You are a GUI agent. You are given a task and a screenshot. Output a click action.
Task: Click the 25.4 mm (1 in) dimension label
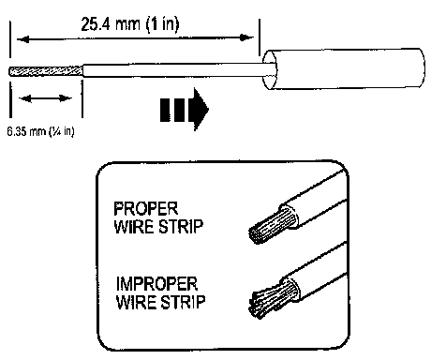coord(130,24)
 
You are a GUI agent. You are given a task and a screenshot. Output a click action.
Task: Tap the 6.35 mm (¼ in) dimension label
coord(40,131)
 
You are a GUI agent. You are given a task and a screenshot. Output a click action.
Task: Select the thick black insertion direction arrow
coord(185,109)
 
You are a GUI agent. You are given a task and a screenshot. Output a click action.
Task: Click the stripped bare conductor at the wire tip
coord(46,71)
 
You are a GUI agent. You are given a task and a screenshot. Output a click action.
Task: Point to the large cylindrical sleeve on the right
coord(344,69)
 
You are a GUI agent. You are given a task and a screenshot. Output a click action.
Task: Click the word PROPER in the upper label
coord(145,209)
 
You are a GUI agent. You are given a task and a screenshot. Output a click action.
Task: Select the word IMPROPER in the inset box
coord(156,284)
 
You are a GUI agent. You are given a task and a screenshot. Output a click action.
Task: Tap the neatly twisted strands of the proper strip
coord(271,226)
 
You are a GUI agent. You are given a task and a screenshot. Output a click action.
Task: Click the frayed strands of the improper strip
coord(271,299)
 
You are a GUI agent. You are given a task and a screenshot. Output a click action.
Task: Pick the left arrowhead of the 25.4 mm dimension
coord(22,39)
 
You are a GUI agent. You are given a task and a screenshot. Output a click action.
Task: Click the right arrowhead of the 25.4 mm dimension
coord(246,37)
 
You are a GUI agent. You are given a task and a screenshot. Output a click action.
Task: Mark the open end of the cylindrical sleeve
coord(269,69)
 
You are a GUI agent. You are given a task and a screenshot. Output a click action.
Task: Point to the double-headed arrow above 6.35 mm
coord(46,98)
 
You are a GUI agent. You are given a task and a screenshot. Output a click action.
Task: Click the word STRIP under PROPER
coord(181,227)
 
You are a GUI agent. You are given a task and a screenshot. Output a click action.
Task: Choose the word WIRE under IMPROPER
coord(137,302)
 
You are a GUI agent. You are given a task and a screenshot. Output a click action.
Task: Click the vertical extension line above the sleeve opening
coord(260,37)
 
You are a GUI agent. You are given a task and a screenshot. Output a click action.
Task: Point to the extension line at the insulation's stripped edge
coord(82,98)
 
